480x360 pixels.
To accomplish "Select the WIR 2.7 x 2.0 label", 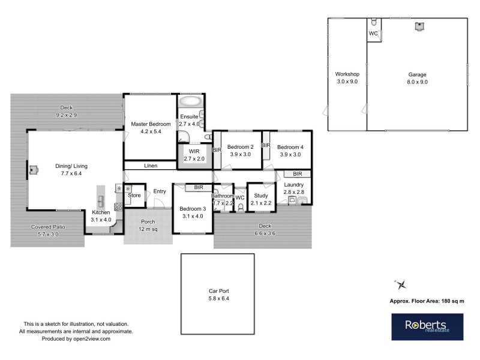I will coord(193,155).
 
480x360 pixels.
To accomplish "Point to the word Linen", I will coord(151,166).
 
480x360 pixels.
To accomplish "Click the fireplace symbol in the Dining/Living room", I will coord(34,170).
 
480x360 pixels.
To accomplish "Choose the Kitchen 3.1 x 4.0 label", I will coord(101,216).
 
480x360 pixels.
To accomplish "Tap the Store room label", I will coord(135,195).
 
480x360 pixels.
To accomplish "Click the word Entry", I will coord(159,191).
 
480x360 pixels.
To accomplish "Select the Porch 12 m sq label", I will coord(148,226).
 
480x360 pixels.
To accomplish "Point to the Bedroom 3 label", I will coord(192,212).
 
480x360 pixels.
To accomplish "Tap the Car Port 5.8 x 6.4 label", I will coord(217,294).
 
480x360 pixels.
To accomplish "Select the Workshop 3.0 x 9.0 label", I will coord(347,77).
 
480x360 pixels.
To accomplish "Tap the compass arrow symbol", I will coord(401,284).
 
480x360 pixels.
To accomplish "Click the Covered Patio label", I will coord(48,231).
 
